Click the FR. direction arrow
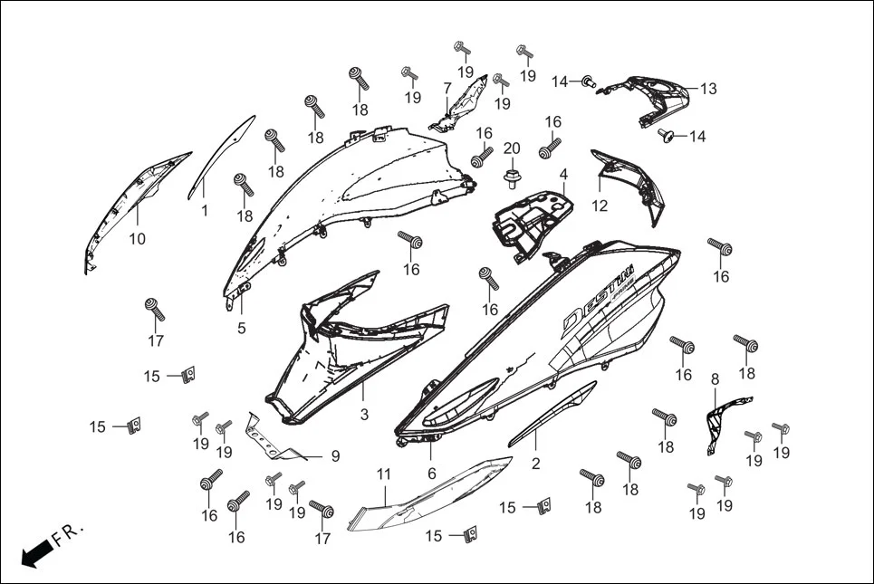[x=36, y=550]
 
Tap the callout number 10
[x=137, y=239]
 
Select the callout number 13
[x=708, y=89]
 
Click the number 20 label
[x=512, y=148]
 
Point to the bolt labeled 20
[x=512, y=173]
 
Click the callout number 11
[x=383, y=474]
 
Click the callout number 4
[x=562, y=174]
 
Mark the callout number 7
[x=447, y=88]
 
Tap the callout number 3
[x=364, y=415]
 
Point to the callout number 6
[x=431, y=473]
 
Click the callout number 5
[x=241, y=328]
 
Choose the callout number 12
[x=600, y=206]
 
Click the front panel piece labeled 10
[x=136, y=204]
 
